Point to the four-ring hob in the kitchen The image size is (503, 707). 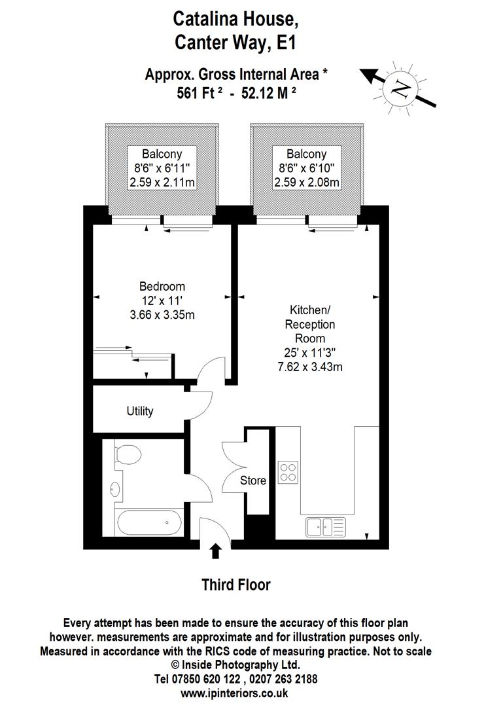click(x=288, y=471)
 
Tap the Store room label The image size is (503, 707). click(x=253, y=480)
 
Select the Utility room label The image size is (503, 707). click(x=140, y=411)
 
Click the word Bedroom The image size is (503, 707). click(x=162, y=286)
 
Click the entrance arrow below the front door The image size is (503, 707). click(x=216, y=553)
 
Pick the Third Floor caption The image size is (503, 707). click(x=235, y=585)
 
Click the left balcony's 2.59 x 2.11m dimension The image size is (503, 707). click(x=162, y=183)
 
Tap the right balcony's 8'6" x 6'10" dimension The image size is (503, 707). click(x=307, y=168)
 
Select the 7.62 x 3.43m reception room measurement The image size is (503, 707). click(x=310, y=366)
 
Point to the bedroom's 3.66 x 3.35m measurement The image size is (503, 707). click(x=162, y=315)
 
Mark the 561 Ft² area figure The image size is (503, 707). click(x=200, y=93)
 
